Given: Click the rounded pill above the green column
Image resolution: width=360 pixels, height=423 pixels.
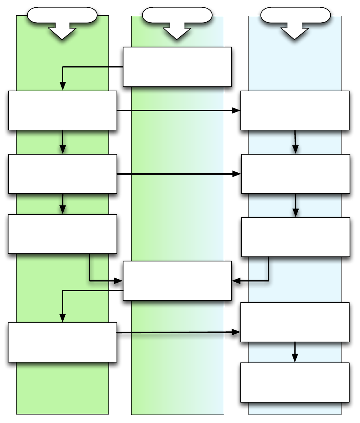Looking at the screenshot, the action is tap(62, 15).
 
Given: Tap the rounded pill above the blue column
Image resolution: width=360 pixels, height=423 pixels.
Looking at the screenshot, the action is tap(296, 15).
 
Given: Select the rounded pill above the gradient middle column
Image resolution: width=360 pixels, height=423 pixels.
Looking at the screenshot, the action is tap(177, 15).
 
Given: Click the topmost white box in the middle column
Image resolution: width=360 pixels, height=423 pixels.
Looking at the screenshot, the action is tap(177, 67).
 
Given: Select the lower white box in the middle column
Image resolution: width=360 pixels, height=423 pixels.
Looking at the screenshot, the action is tap(177, 281).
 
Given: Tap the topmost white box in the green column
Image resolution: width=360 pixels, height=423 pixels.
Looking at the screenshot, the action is tap(63, 110).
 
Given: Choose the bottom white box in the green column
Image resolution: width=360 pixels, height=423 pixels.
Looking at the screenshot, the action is tap(63, 342).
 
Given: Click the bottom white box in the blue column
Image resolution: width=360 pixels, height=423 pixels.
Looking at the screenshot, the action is tap(295, 382).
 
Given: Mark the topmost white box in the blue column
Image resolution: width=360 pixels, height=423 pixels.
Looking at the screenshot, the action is tap(295, 110).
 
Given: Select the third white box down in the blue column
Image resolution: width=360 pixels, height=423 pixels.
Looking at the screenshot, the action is tap(296, 237).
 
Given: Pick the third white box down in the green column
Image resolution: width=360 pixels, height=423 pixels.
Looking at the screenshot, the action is tap(63, 234).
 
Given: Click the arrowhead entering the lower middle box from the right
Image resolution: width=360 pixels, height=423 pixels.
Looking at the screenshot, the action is tap(236, 281).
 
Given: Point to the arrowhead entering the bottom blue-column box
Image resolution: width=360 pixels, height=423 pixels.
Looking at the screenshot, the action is tap(295, 358).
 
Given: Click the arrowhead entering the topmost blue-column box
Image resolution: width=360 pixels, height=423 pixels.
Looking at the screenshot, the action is tap(236, 111).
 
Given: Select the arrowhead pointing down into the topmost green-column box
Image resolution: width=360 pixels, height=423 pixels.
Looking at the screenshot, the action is tap(63, 86).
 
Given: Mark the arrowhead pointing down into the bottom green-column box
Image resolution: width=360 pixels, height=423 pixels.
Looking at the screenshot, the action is tap(63, 318).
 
